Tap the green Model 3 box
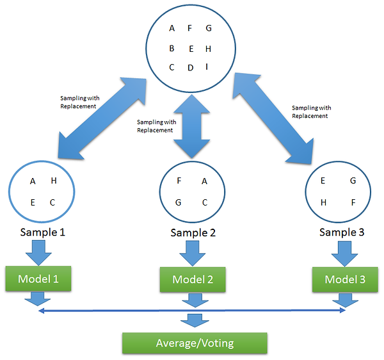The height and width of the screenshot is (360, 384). pyautogui.click(x=346, y=279)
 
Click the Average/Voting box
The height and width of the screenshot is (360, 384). pyautogui.click(x=195, y=343)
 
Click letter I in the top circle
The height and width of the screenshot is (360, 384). pyautogui.click(x=207, y=67)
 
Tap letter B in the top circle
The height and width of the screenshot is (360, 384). pyautogui.click(x=172, y=48)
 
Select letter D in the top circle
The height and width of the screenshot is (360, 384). pyautogui.click(x=190, y=68)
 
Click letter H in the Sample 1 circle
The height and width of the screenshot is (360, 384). pyautogui.click(x=54, y=181)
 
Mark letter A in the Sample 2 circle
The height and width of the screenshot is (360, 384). pyautogui.click(x=204, y=181)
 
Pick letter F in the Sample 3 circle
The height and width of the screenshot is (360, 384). pyautogui.click(x=353, y=202)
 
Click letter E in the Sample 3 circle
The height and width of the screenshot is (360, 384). pyautogui.click(x=324, y=181)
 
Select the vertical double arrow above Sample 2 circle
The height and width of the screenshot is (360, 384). pyautogui.click(x=191, y=127)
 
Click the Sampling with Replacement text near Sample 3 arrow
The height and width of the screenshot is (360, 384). pyautogui.click(x=310, y=112)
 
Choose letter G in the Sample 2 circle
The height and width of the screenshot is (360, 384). pyautogui.click(x=180, y=202)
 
